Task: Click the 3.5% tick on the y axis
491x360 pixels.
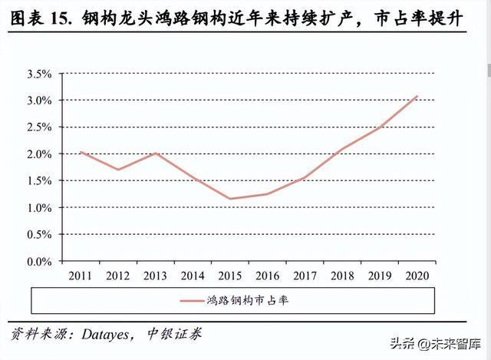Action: [x=39, y=74]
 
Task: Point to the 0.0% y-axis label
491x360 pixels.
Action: [x=39, y=262]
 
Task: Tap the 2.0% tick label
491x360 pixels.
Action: [x=39, y=154]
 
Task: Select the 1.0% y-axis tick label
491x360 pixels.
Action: [x=39, y=208]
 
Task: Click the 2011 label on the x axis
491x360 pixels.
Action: [x=81, y=275]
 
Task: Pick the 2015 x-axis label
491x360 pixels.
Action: [x=229, y=275]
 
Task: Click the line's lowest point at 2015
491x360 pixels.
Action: [x=229, y=199]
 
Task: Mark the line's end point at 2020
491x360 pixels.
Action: [x=417, y=96]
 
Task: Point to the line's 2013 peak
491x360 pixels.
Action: [x=155, y=154]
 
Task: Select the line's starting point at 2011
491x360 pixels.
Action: [x=81, y=152]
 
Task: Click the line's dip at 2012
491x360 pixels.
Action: [x=117, y=170]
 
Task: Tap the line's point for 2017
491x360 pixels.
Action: [x=304, y=178]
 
